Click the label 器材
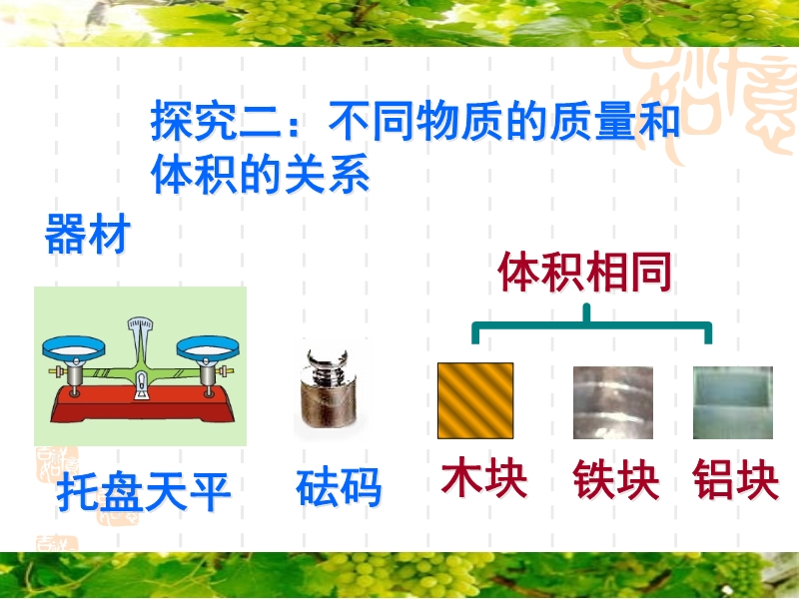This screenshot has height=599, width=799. (88, 234)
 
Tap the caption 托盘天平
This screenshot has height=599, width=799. (144, 491)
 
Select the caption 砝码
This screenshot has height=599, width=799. (339, 487)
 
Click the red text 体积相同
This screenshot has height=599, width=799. (585, 272)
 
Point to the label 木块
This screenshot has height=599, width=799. (484, 478)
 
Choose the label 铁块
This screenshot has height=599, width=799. (616, 479)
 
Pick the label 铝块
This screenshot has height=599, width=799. (736, 479)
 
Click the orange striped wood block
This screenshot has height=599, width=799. (475, 400)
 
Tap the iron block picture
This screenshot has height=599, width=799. (613, 402)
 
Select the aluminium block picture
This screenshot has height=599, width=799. (733, 402)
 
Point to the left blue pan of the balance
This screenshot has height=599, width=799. (74, 347)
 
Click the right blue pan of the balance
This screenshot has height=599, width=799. (208, 347)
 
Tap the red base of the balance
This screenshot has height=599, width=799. (142, 404)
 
